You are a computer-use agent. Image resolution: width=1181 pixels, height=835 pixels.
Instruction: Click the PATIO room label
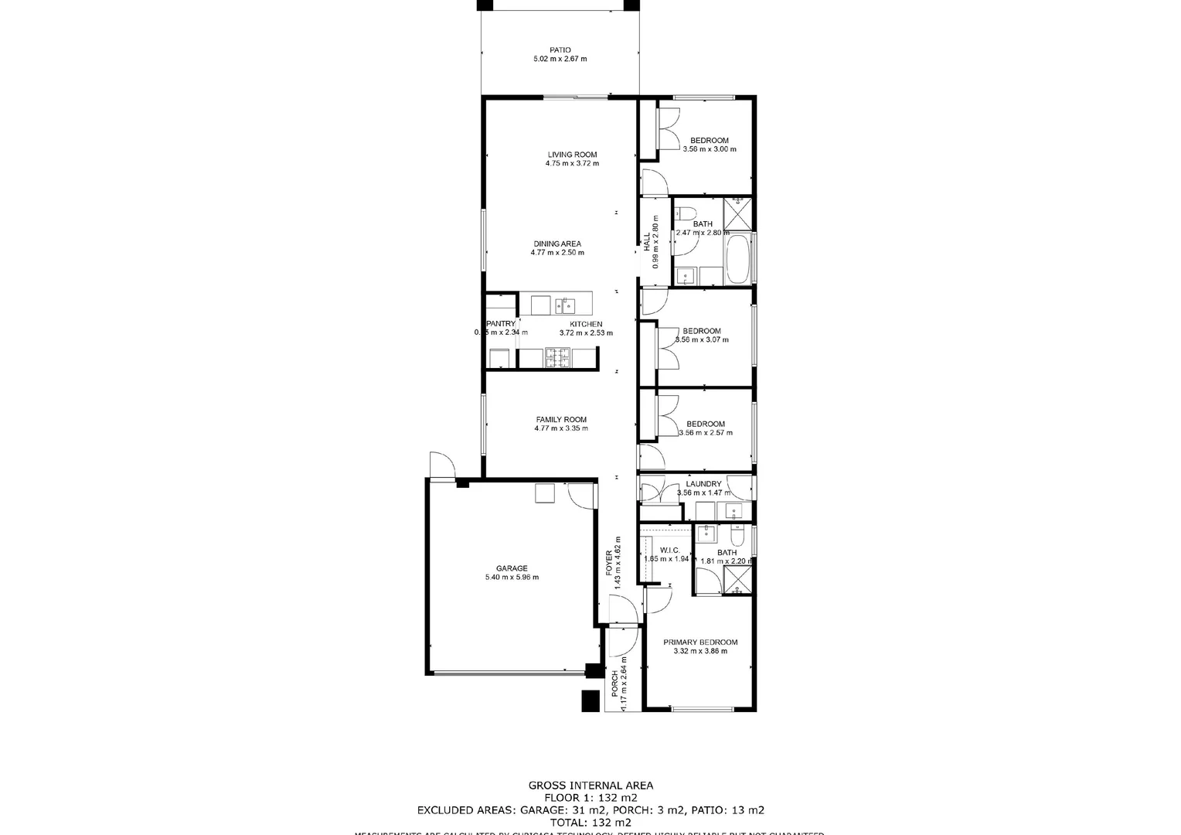click(x=560, y=50)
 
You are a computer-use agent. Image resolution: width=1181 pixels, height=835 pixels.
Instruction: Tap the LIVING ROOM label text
click(x=572, y=155)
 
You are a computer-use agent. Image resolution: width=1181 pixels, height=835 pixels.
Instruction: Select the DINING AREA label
click(x=556, y=244)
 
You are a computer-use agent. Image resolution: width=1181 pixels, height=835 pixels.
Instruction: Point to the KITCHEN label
click(x=586, y=325)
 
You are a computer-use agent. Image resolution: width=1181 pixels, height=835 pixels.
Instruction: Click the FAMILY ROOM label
click(x=561, y=420)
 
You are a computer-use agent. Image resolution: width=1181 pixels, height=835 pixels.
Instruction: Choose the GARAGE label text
click(x=511, y=568)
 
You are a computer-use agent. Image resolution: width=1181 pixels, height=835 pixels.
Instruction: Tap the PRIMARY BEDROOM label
click(x=700, y=642)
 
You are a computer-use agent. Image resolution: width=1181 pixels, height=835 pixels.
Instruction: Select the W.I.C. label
click(x=669, y=550)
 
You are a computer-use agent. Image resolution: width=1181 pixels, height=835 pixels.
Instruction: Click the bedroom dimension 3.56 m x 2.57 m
click(x=705, y=433)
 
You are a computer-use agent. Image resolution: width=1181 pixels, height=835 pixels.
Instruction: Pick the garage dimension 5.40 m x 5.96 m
click(x=511, y=578)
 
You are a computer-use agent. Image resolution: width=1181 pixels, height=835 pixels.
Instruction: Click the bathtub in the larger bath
click(x=739, y=260)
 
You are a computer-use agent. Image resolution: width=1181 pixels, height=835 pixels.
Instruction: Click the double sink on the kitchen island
click(x=564, y=304)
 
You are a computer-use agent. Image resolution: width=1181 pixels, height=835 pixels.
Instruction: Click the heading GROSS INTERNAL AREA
click(x=590, y=786)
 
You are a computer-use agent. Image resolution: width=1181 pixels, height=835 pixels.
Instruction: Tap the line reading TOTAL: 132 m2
click(x=590, y=823)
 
